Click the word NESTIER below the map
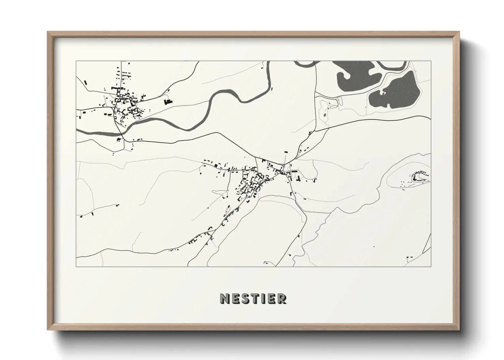click(253, 298)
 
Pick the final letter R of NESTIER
click(282, 298)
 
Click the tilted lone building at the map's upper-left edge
click(85, 82)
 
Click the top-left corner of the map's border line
click(76, 61)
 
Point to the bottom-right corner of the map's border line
click(431, 266)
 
